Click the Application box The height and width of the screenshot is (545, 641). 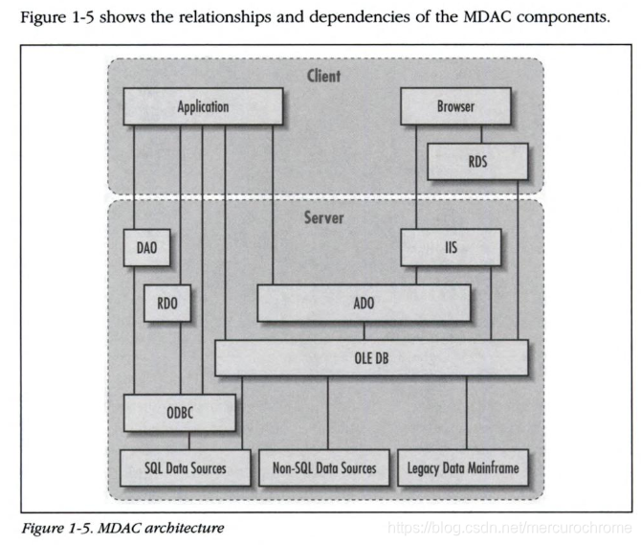click(203, 106)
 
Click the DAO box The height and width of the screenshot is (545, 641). click(146, 249)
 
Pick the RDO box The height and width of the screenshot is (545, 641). click(166, 305)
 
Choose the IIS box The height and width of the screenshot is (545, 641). click(450, 249)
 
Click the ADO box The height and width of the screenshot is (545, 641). click(364, 304)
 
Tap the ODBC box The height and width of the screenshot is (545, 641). click(180, 413)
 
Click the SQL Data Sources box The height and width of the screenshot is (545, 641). click(187, 468)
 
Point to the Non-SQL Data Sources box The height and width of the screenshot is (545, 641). click(325, 468)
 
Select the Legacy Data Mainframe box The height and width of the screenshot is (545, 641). click(463, 468)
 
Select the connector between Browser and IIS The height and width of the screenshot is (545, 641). click(415, 177)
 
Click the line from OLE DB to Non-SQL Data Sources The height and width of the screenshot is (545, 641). click(328, 412)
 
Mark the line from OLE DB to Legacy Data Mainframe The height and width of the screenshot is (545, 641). click(466, 412)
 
